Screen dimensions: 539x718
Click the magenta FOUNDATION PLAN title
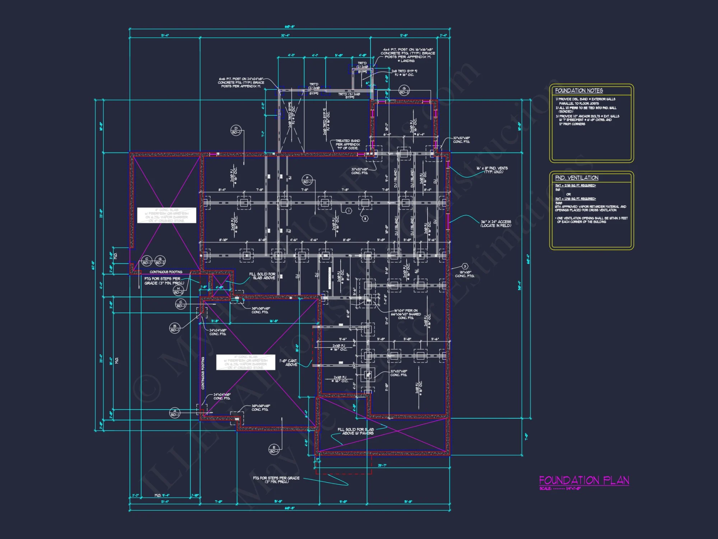(x=584, y=480)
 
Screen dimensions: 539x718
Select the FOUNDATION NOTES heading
(x=579, y=91)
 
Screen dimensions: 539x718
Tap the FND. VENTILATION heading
(x=577, y=178)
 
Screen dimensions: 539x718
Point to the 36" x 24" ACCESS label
(x=496, y=224)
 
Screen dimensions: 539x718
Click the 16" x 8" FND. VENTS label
(x=492, y=170)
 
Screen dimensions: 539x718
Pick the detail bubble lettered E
(x=274, y=449)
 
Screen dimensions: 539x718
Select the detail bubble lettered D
(x=236, y=130)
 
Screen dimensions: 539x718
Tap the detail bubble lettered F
(x=307, y=180)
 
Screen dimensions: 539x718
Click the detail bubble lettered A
(x=175, y=413)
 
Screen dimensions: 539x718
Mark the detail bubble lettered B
(x=175, y=328)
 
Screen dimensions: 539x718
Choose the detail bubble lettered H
(x=178, y=290)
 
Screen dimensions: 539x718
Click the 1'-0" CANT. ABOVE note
(x=289, y=363)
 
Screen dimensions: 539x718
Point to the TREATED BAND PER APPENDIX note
(x=348, y=144)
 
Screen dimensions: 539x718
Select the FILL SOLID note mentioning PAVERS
(x=355, y=431)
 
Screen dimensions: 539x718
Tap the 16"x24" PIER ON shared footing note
(x=406, y=314)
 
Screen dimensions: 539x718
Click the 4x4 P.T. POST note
(x=408, y=55)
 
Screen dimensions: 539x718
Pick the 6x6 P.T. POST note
(x=241, y=82)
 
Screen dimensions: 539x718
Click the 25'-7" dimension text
(x=382, y=465)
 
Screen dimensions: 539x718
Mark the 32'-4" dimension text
(x=285, y=36)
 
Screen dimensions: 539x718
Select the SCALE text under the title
(x=560, y=489)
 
